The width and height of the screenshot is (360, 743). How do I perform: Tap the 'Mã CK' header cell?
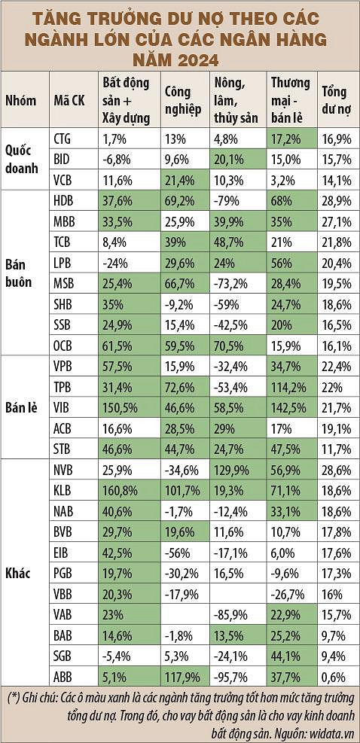point(69,101)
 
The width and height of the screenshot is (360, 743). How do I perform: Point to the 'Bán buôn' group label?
point(19,273)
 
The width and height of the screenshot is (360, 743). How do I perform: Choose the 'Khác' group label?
point(18,574)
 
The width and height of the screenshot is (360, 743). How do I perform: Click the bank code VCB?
point(65,180)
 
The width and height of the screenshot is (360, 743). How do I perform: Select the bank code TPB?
point(64,388)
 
